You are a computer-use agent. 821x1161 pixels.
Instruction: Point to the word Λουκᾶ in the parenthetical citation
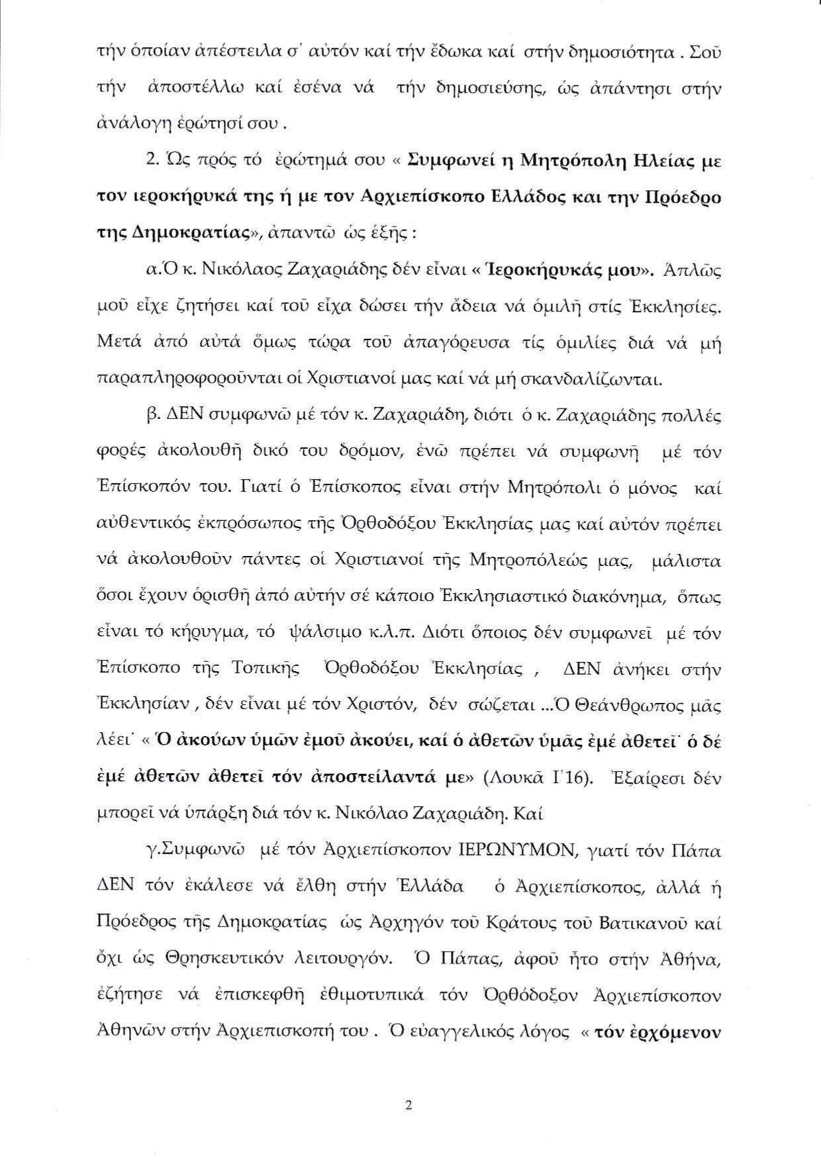coord(507,778)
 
